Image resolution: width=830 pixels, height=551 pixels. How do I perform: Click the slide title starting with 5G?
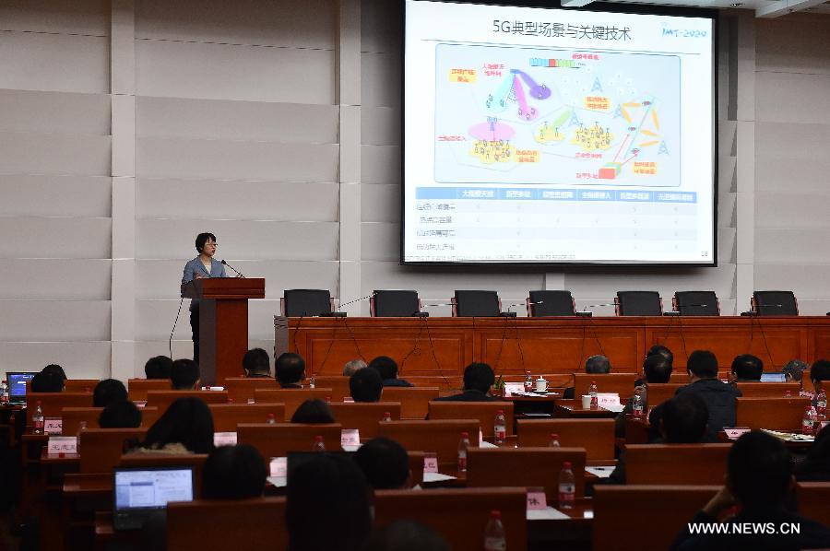tap(562, 33)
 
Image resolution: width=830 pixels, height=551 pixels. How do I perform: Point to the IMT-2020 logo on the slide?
tap(683, 31)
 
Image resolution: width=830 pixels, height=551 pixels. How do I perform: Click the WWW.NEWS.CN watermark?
tap(743, 528)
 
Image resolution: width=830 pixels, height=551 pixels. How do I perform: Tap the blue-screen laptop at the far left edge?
tap(18, 385)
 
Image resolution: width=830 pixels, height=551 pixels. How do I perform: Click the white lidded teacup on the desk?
tap(541, 383)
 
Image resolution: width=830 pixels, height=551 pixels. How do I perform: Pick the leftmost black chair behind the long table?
tap(307, 302)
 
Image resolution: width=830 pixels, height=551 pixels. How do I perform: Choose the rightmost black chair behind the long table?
tap(775, 302)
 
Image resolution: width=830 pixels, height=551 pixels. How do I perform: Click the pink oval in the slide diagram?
tap(491, 132)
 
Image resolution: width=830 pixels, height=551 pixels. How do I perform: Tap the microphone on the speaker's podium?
tap(231, 269)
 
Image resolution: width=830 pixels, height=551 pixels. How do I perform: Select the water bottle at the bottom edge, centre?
tap(494, 532)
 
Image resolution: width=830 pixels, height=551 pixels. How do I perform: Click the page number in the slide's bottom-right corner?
tap(705, 253)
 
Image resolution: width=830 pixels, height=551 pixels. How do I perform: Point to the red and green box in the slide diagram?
tap(608, 171)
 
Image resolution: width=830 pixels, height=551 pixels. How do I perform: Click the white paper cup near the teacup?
tap(587, 401)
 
